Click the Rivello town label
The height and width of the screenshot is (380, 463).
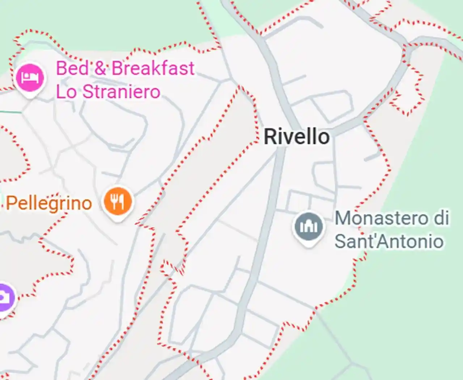297,137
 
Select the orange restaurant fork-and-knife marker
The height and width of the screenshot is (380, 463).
118,201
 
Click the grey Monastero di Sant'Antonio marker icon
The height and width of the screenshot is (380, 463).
308,226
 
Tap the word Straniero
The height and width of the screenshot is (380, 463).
122,92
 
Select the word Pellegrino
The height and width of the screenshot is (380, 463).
49,203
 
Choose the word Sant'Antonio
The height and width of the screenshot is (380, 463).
389,241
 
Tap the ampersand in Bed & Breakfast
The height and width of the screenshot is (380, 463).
100,68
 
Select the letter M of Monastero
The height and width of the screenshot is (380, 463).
342,218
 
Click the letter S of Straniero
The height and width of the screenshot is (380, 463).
87,92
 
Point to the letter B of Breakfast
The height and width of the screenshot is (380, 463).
117,68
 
